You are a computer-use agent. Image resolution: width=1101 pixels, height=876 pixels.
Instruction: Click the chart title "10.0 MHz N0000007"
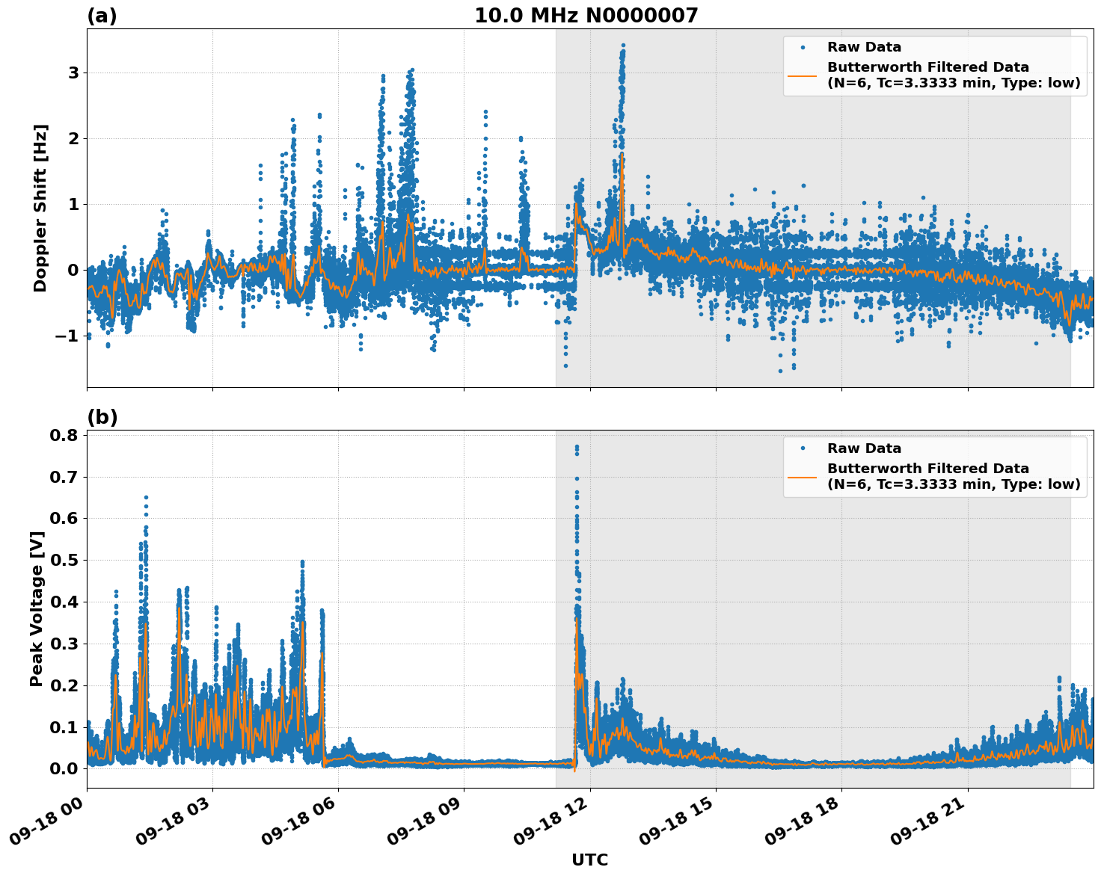pos(586,16)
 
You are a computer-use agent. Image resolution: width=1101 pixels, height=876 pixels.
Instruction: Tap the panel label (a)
pos(102,16)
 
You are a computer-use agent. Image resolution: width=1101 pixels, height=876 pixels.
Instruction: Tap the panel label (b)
pos(102,417)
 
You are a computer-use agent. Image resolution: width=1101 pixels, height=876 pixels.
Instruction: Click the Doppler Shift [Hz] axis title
pos(40,208)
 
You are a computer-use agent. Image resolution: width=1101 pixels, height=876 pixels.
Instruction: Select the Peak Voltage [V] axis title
pos(37,608)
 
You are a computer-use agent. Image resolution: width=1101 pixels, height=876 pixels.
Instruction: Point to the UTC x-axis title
pos(589,860)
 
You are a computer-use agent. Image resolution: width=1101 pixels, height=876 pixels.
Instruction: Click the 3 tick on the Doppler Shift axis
pos(73,73)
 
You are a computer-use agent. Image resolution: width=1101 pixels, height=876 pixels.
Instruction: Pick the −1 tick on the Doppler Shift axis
pos(68,336)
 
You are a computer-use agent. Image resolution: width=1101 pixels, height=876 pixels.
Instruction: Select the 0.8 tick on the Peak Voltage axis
pos(63,435)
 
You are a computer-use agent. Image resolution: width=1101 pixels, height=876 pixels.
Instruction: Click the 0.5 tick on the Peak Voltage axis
pos(63,560)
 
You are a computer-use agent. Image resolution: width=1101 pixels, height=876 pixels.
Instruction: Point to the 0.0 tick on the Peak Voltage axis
pos(63,768)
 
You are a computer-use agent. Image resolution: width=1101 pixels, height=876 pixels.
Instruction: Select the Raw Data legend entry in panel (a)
pos(864,47)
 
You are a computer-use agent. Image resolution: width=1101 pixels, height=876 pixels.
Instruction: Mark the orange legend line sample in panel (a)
pos(803,75)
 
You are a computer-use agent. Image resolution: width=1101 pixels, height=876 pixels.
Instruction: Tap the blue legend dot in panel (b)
pos(803,448)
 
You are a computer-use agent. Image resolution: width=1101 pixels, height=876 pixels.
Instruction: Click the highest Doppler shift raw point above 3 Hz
pos(623,46)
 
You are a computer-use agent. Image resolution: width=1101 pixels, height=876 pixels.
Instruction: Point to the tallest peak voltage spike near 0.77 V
pos(577,447)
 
